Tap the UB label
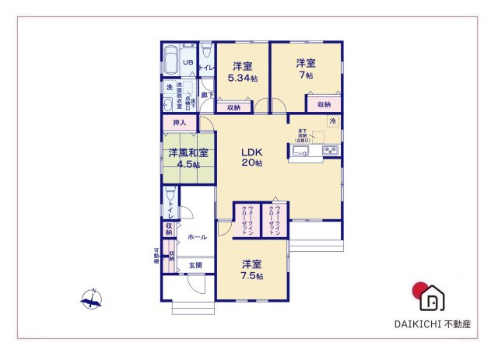coord(188,63)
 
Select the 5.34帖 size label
coord(243,79)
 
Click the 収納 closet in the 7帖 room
coord(323,104)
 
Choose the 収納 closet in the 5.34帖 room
coord(234,107)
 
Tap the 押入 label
coord(179,123)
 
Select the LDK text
coord(251,152)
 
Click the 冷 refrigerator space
coord(332,121)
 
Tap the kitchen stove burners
coord(330,150)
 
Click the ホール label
coord(198,236)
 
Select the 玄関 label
coord(195,265)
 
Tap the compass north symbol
coord(91,298)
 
